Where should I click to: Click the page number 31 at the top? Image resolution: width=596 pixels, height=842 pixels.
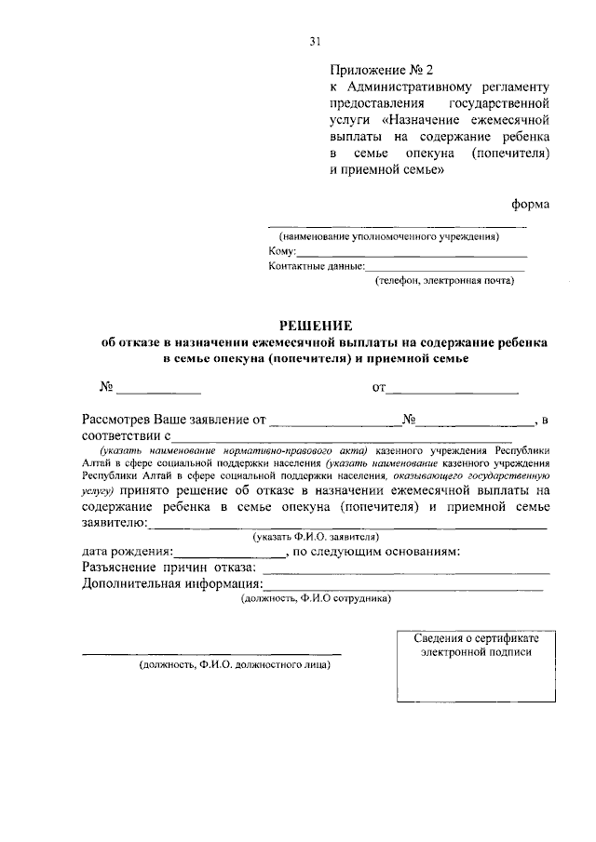[315, 41]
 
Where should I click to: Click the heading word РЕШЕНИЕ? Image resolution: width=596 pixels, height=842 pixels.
[317, 326]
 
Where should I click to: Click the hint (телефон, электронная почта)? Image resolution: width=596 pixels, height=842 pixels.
[444, 279]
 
